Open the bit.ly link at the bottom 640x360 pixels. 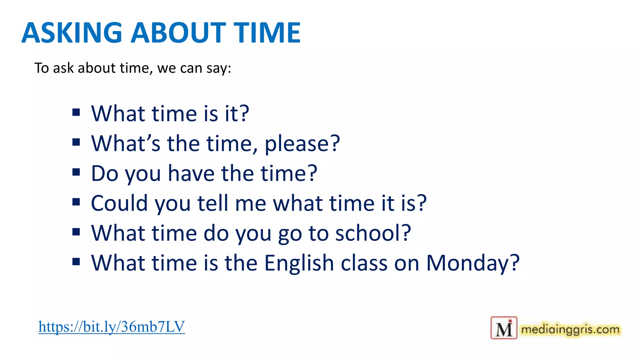(112, 327)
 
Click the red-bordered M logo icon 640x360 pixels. (504, 328)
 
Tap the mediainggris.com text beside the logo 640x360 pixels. (570, 329)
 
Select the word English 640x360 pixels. (299, 263)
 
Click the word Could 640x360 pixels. (119, 203)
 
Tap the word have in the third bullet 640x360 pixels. (191, 173)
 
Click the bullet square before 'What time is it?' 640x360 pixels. (76, 112)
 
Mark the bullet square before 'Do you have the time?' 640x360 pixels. (76, 172)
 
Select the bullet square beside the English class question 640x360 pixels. (76, 262)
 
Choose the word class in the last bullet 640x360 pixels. (364, 263)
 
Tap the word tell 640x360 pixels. (212, 203)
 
